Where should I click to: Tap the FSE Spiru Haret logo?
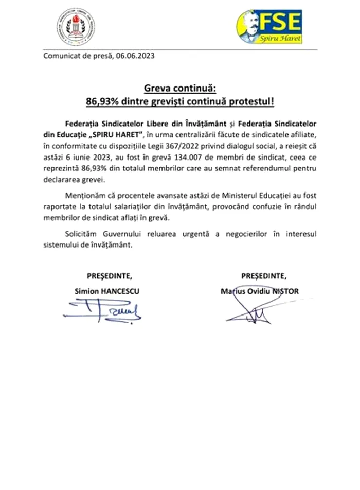pos(269,27)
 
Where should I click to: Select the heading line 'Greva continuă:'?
pos(180,87)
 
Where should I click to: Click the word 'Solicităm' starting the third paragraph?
pos(83,234)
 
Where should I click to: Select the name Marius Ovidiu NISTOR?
pos(259,291)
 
